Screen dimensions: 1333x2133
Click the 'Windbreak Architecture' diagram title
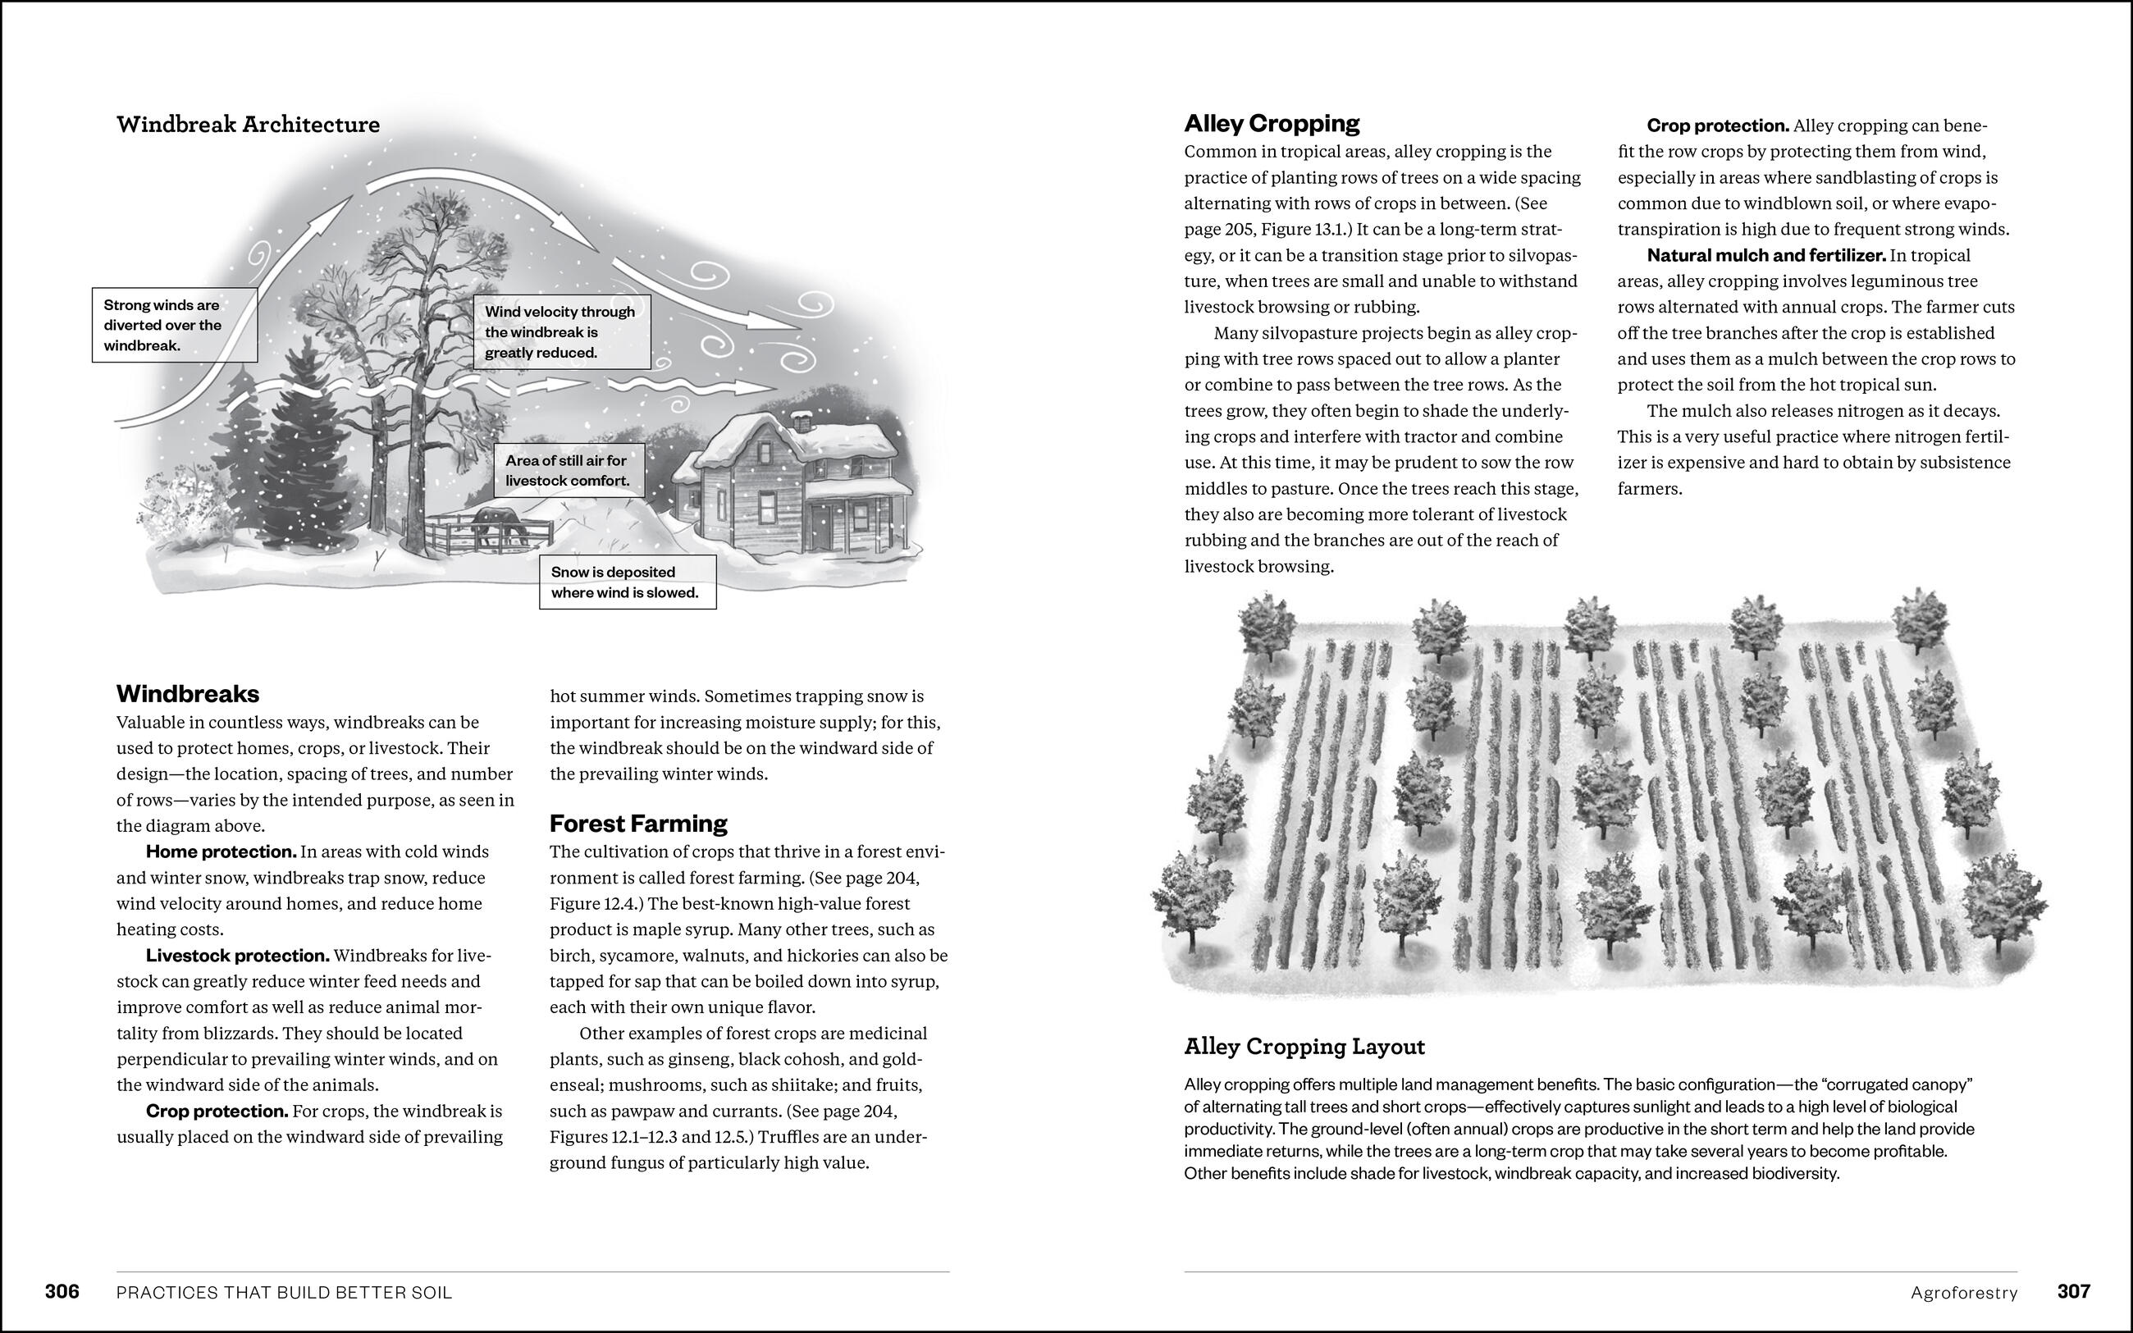tap(248, 125)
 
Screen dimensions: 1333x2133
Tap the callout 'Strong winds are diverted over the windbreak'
tap(175, 326)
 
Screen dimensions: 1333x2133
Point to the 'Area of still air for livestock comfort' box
tap(569, 471)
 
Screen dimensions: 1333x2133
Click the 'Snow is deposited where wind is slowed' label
tap(627, 582)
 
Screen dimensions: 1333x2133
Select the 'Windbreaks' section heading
tap(188, 694)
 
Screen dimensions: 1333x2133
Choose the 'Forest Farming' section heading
tap(638, 824)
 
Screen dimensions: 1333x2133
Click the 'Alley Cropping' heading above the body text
tap(1271, 123)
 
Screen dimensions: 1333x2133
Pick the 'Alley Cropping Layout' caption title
tap(1304, 1047)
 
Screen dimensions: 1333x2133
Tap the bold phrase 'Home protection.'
tap(221, 851)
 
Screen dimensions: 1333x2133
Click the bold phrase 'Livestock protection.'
tap(237, 956)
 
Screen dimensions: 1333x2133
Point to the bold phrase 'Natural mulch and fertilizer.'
tap(1765, 256)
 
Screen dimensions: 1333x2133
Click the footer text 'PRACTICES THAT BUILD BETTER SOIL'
tap(284, 1294)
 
